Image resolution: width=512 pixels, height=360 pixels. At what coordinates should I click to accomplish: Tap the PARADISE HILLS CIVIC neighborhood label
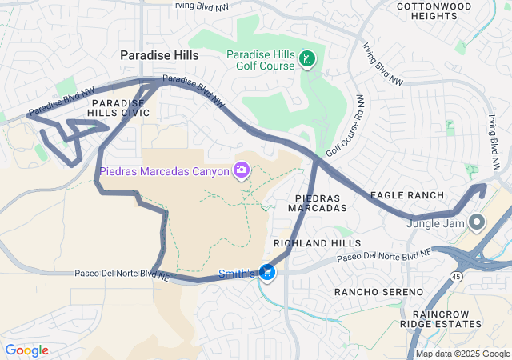click(x=119, y=108)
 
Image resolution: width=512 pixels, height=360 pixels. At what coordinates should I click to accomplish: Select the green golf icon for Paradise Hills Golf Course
click(x=306, y=58)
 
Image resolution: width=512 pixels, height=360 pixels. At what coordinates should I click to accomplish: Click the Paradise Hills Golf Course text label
click(x=260, y=59)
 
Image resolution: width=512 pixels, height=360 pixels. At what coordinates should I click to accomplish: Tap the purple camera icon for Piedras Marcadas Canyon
click(x=241, y=170)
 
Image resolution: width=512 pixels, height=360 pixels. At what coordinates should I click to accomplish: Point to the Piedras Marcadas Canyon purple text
click(x=164, y=170)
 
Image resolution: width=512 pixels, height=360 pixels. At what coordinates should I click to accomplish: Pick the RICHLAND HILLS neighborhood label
click(x=317, y=242)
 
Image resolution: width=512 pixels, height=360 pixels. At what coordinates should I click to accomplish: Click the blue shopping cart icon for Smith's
click(x=267, y=274)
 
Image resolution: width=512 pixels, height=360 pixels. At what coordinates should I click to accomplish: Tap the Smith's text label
click(x=237, y=274)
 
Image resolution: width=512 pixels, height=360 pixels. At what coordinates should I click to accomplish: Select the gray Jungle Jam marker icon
click(x=477, y=222)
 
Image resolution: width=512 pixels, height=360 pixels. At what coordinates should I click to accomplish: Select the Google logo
click(x=27, y=350)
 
